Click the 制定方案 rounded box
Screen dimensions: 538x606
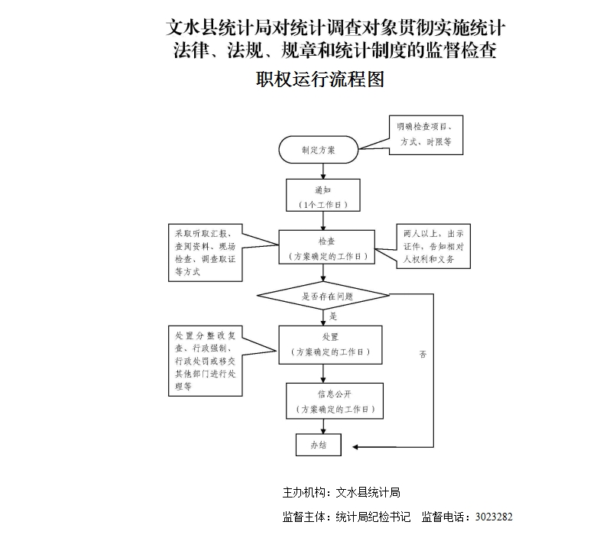point(319,149)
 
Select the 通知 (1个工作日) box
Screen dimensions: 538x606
point(322,196)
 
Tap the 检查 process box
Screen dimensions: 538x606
point(326,248)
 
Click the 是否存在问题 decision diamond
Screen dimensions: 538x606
point(324,295)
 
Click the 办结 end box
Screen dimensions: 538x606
point(318,445)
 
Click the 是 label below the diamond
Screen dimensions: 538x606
point(333,315)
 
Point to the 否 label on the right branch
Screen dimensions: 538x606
point(423,355)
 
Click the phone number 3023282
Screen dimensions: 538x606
point(493,517)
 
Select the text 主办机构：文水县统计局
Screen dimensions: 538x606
point(342,492)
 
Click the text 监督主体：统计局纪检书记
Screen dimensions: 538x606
point(347,517)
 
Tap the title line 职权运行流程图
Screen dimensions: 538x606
point(319,79)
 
